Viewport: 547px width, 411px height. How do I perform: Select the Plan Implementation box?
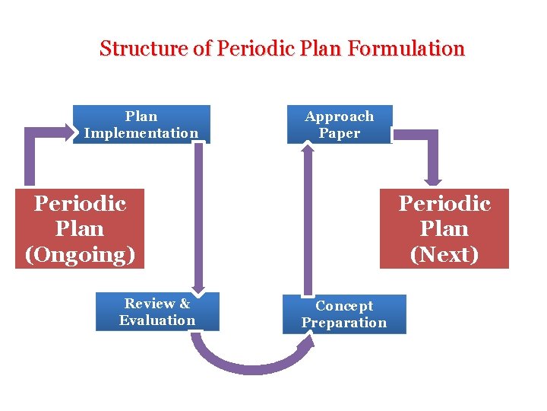coord(141,124)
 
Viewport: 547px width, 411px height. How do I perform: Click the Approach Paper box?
coord(340,125)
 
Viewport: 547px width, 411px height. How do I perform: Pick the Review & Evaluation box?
coord(157,312)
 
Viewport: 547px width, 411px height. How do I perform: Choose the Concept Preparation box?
coord(344,314)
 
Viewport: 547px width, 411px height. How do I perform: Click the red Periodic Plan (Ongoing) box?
coord(80,228)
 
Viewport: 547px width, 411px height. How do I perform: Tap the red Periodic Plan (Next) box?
coord(444,228)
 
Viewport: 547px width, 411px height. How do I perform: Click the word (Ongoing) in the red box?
coord(80,254)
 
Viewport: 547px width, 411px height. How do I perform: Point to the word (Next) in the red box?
coord(444,254)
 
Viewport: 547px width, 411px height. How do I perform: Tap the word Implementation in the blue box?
coord(141,133)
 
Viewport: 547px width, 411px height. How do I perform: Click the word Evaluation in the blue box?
coord(157,320)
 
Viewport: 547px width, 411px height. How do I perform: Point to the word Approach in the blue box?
coord(340,116)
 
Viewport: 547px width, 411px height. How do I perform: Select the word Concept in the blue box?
coord(344,306)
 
